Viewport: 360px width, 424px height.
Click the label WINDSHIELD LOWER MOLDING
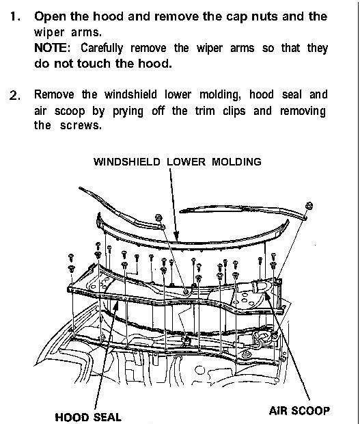(178, 161)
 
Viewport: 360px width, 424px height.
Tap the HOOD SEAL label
(88, 416)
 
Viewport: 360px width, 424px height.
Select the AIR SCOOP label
(299, 411)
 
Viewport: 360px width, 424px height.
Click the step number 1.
(15, 17)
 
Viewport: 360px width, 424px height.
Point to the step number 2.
(15, 96)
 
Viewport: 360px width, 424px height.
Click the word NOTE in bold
(51, 48)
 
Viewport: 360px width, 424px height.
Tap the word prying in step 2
(128, 111)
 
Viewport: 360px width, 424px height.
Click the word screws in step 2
(81, 125)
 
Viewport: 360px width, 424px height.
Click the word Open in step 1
(51, 17)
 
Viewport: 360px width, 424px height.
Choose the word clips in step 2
(234, 111)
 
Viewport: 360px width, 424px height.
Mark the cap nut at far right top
(309, 206)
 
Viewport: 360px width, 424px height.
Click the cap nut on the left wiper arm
(158, 217)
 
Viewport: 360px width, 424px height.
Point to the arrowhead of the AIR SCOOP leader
(267, 296)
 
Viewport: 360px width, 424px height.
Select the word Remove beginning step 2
(54, 94)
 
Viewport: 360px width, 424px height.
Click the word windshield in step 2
(130, 94)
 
